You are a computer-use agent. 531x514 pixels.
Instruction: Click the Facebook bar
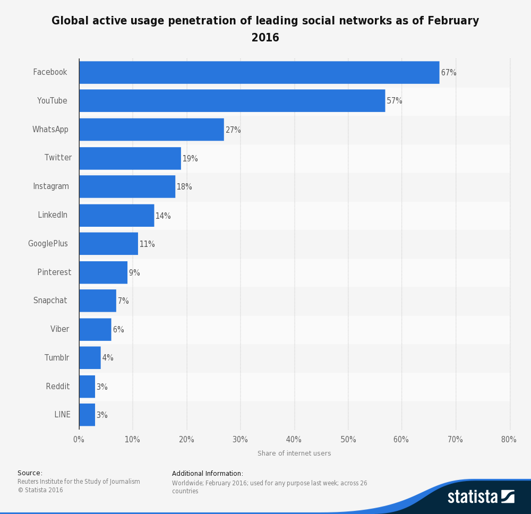(259, 72)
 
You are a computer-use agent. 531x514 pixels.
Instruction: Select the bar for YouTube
(232, 101)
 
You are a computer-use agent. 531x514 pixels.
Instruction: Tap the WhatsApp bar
(151, 130)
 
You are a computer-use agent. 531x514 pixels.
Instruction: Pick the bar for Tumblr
(90, 358)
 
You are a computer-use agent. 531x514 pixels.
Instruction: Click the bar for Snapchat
(98, 301)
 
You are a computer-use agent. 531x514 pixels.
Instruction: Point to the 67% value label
(449, 73)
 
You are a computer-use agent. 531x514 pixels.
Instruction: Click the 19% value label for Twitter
(190, 159)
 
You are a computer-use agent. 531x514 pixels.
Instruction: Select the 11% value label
(147, 244)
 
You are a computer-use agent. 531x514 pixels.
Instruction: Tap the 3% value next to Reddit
(102, 387)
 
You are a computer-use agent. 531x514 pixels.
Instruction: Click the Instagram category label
(51, 186)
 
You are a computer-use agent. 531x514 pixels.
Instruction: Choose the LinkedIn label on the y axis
(53, 215)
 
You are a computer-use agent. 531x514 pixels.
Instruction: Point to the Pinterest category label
(54, 272)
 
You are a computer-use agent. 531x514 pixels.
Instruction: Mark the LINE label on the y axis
(62, 415)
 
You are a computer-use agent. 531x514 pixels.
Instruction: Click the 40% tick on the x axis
(294, 440)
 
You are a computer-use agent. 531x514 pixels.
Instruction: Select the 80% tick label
(509, 440)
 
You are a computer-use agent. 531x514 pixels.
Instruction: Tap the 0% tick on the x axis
(79, 440)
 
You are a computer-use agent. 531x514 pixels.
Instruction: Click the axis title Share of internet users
(294, 453)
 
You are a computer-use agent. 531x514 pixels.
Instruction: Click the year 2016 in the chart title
(265, 38)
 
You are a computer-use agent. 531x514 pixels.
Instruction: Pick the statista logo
(481, 496)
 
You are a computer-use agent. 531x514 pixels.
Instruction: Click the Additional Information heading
(208, 474)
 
